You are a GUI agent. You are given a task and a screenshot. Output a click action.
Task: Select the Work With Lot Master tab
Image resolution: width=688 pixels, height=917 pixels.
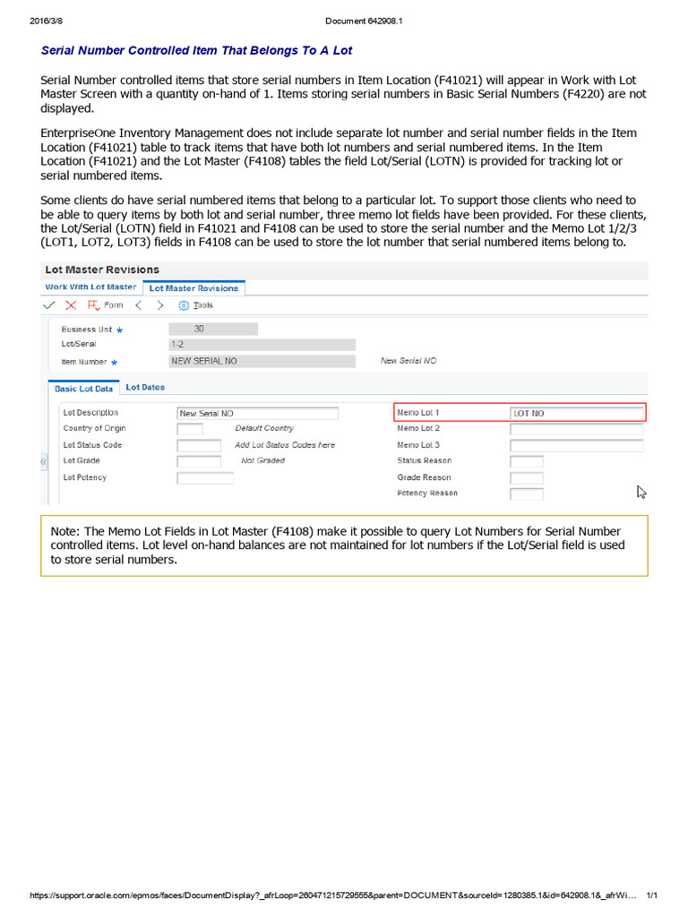90,287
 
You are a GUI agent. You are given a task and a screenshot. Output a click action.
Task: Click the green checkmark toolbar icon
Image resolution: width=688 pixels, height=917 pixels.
49,305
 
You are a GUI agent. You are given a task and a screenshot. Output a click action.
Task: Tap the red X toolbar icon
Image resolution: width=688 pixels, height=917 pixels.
71,305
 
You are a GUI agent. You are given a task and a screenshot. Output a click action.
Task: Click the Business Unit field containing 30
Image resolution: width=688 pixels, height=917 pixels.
213,329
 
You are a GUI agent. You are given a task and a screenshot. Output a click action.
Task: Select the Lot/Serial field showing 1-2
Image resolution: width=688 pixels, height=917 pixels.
262,345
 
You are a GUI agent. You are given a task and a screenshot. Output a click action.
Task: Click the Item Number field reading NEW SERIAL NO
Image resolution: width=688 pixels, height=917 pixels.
262,361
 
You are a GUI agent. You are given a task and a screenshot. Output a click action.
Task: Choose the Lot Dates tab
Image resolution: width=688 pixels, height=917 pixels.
145,388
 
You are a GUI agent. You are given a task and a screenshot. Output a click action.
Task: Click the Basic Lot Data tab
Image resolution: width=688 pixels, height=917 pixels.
83,389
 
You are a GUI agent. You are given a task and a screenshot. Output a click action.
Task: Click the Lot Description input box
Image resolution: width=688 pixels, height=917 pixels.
258,413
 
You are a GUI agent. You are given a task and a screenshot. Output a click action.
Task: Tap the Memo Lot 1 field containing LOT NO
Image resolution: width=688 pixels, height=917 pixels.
576,413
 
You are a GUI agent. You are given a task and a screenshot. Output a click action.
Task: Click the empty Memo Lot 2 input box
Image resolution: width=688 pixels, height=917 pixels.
576,429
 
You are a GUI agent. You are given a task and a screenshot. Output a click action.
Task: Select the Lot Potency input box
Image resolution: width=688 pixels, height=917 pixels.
205,478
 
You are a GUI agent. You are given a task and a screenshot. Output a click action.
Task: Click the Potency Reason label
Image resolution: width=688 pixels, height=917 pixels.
427,493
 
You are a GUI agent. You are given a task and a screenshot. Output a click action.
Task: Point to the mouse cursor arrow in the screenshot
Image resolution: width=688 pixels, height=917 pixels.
641,491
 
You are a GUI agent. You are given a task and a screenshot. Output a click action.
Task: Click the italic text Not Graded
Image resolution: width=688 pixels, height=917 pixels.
263,461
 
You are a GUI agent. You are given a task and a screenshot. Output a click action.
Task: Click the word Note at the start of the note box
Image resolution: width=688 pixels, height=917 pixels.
64,532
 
